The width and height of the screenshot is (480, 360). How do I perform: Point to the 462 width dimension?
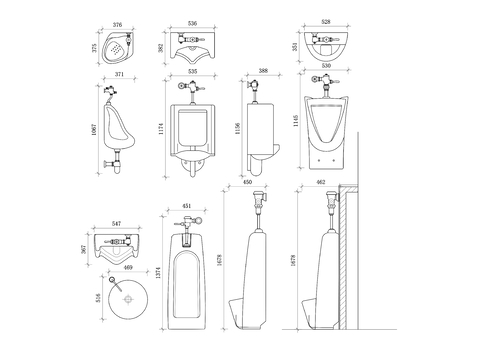(322, 183)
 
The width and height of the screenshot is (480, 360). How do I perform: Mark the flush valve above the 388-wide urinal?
(256, 88)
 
